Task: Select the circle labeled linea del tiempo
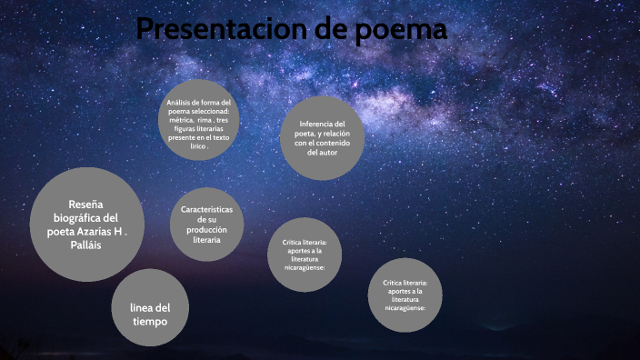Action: tap(151, 307)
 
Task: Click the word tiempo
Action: tap(151, 321)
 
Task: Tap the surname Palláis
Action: tap(87, 245)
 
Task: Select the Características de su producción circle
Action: tap(206, 224)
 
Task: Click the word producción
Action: tap(206, 230)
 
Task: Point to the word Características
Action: tap(206, 210)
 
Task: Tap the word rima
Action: tap(205, 120)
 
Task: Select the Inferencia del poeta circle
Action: tap(322, 137)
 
